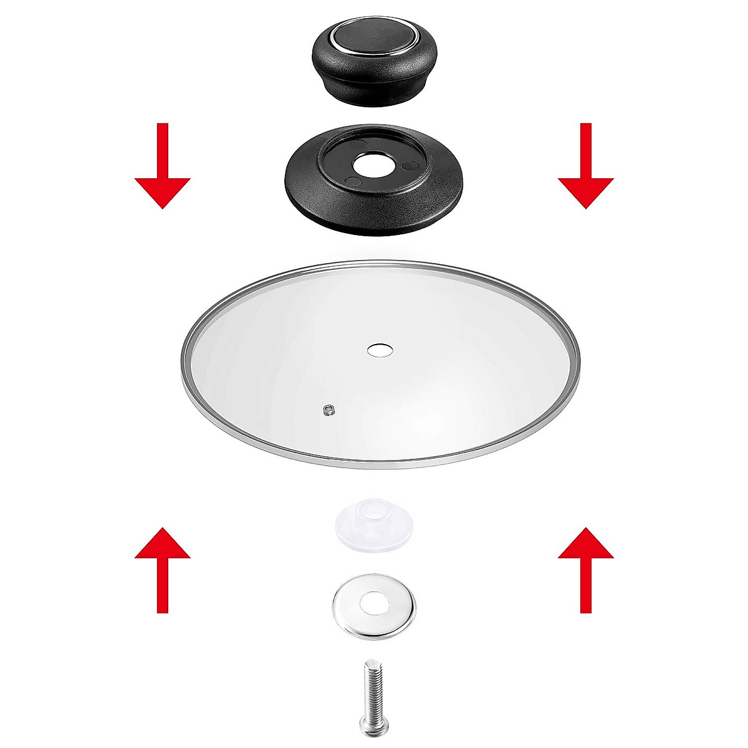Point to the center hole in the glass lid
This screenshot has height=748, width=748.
click(379, 350)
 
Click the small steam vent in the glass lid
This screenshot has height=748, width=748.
click(329, 409)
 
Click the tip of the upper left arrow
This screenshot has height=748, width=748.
click(162, 207)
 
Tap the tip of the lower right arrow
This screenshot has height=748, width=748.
click(585, 529)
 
